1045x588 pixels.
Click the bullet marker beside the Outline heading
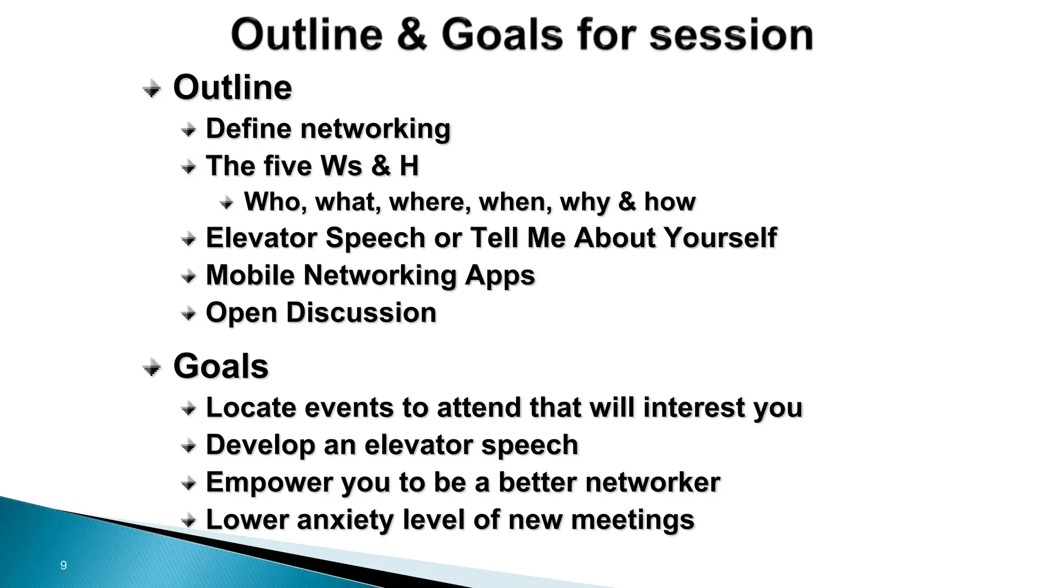click(152, 89)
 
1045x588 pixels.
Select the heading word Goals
click(220, 366)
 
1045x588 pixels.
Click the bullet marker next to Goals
click(152, 367)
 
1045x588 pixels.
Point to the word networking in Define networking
click(375, 129)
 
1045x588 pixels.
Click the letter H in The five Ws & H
click(409, 166)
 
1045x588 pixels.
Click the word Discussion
click(361, 312)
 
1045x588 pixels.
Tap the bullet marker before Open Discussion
click(188, 313)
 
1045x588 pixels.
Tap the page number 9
click(63, 565)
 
